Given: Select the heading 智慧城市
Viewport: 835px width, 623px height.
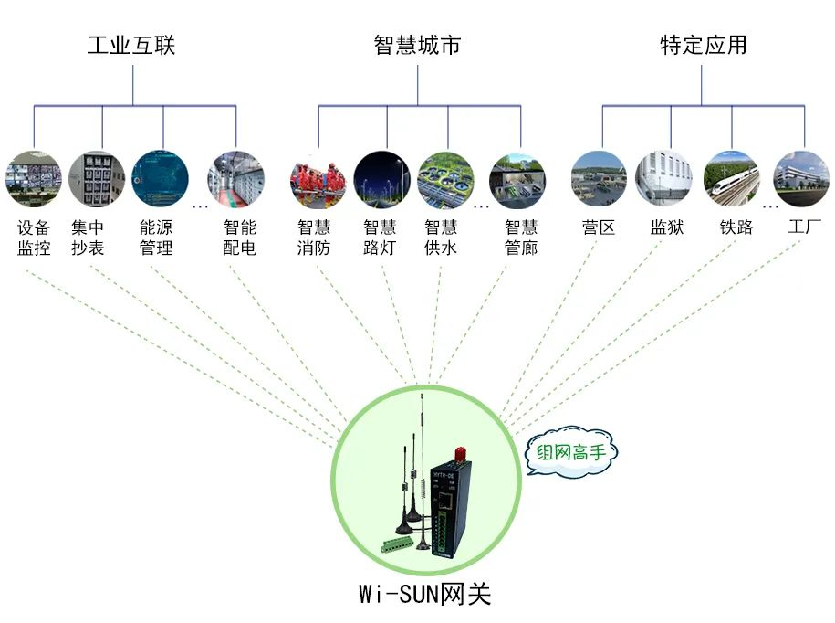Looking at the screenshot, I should [417, 45].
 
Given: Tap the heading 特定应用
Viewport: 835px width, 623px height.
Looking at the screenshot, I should [703, 45].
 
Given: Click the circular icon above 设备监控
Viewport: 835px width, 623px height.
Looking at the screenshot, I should [34, 179].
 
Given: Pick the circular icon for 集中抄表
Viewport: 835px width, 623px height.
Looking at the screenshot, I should [97, 179].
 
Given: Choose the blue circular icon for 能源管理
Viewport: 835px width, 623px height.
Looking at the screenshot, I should [160, 179].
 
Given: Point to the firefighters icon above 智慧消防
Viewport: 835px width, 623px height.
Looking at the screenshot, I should [318, 179].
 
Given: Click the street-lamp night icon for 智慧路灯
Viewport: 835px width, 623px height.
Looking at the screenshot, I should [381, 179].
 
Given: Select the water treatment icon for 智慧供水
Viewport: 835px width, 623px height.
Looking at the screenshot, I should [445, 179].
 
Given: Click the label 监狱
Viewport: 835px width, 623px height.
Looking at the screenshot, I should [667, 227].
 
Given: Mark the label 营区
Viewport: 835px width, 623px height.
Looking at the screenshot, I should [599, 227].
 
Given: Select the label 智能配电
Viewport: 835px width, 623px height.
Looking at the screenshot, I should [240, 238].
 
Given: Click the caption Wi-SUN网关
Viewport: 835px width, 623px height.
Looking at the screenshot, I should [424, 595].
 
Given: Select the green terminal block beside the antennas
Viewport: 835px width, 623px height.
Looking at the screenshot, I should [399, 546].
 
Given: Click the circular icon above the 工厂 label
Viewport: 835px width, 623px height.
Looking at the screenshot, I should [801, 179].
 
